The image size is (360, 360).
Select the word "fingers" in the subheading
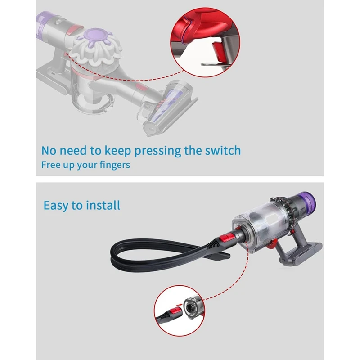114,165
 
